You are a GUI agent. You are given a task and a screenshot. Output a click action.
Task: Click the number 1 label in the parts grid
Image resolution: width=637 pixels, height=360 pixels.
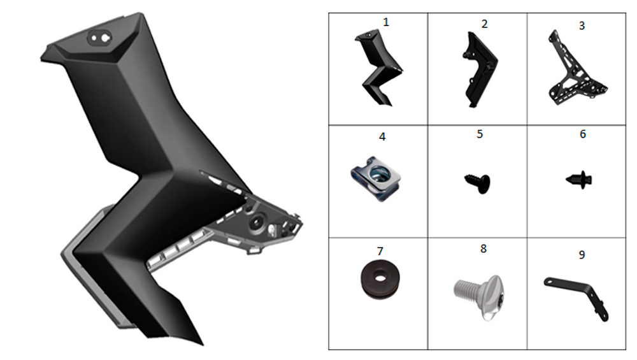(x=386, y=22)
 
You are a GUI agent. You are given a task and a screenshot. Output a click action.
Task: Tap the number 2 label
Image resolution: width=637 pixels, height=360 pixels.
(x=484, y=24)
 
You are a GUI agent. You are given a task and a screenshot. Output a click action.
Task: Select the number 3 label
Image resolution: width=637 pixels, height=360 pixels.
(x=582, y=25)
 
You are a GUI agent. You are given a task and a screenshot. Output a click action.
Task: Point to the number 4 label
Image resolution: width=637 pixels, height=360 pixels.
(x=382, y=137)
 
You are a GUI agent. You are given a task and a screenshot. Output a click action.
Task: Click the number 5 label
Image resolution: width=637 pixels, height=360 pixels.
(x=480, y=134)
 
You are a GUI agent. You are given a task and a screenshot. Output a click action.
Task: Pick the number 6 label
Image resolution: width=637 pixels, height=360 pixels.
(x=583, y=134)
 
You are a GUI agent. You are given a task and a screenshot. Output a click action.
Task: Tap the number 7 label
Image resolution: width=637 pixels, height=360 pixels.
(x=380, y=251)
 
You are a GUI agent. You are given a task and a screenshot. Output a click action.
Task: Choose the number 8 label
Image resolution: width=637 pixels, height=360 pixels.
(x=483, y=248)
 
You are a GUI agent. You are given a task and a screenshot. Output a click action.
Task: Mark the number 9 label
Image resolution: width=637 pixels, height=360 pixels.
(x=582, y=255)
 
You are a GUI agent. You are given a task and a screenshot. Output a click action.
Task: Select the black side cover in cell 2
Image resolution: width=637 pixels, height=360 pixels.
(x=480, y=69)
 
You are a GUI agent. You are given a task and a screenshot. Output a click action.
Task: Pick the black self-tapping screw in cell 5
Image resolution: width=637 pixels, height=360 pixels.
(x=478, y=184)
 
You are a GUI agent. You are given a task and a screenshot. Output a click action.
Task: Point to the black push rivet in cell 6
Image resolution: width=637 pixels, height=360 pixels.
(x=579, y=180)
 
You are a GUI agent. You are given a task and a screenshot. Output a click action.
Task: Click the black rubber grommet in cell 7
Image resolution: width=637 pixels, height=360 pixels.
(x=380, y=279)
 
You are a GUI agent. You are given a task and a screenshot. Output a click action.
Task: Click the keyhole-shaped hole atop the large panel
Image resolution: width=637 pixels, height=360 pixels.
(x=106, y=38)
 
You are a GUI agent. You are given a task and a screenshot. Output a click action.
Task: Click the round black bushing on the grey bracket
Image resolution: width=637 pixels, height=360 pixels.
(x=256, y=222)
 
